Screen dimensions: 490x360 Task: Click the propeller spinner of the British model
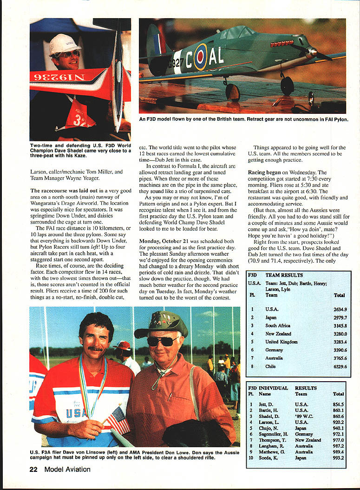pos(313,53)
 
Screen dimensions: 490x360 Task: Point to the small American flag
pos(118,420)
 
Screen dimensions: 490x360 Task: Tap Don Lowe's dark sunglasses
pos(161,341)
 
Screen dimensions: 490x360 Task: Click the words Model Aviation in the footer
pos(67,469)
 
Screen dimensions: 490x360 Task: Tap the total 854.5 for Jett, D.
pos(338,404)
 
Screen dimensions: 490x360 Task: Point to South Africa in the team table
pos(278,325)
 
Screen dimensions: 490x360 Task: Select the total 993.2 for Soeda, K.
pos(338,458)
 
